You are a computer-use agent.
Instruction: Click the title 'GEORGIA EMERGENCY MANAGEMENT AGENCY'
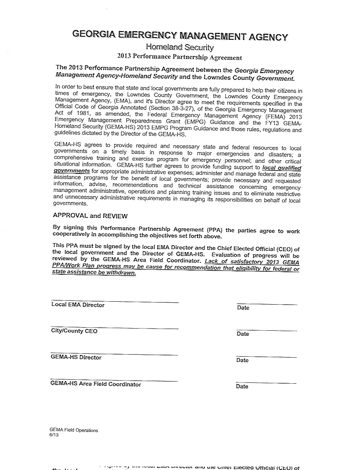[180, 36]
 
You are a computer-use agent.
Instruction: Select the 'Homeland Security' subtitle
[180, 47]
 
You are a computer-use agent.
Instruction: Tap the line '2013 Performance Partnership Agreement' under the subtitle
[180, 57]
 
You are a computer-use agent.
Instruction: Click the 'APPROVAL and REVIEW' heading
[90, 216]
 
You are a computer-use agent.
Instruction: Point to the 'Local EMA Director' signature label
[78, 305]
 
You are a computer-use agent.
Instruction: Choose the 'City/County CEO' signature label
[74, 331]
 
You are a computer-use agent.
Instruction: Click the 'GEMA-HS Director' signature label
[76, 358]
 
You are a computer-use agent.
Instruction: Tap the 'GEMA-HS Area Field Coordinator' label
[96, 384]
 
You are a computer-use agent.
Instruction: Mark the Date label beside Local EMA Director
[243, 308]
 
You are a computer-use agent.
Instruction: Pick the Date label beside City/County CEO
[243, 334]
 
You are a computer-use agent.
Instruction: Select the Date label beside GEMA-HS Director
[242, 360]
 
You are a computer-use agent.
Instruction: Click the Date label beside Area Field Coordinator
[242, 386]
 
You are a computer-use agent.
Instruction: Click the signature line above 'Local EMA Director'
[115, 302]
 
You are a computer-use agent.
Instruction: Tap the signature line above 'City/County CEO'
[115, 328]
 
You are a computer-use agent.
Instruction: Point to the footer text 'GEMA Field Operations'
[74, 430]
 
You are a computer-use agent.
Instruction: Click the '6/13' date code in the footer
[53, 435]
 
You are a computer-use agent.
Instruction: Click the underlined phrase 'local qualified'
[282, 168]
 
